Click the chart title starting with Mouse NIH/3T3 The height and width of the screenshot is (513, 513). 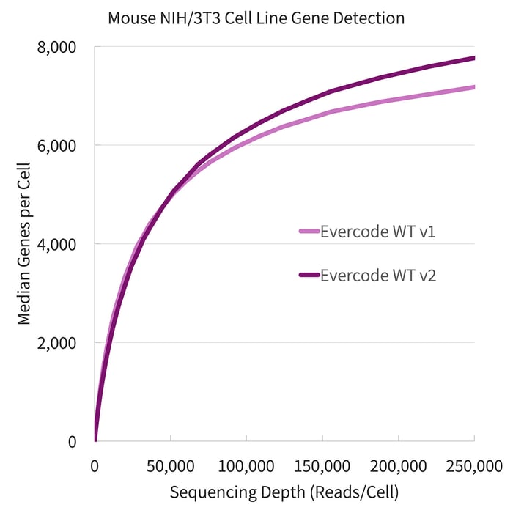(x=256, y=17)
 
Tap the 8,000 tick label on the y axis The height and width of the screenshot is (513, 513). (x=58, y=47)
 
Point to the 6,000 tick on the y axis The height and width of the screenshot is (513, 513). (x=58, y=146)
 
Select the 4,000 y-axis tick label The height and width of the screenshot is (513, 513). (x=58, y=244)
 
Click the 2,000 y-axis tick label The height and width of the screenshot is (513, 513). (x=58, y=343)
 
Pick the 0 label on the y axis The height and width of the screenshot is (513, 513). (x=72, y=441)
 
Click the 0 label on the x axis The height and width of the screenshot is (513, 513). (x=95, y=466)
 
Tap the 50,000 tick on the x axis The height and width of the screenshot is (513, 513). (x=171, y=466)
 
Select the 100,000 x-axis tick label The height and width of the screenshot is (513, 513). (x=246, y=466)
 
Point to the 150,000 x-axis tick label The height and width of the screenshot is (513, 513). (x=322, y=466)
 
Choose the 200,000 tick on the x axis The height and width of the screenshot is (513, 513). (x=398, y=466)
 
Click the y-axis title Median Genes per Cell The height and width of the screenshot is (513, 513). (x=23, y=244)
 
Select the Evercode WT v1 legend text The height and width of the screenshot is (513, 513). (x=378, y=232)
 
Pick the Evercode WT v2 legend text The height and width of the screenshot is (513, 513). (x=378, y=276)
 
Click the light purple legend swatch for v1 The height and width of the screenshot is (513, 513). (x=309, y=232)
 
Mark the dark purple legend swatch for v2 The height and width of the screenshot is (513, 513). (x=309, y=276)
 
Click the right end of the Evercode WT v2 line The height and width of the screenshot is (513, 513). (x=473, y=58)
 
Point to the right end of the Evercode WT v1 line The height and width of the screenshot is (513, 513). (x=473, y=87)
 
